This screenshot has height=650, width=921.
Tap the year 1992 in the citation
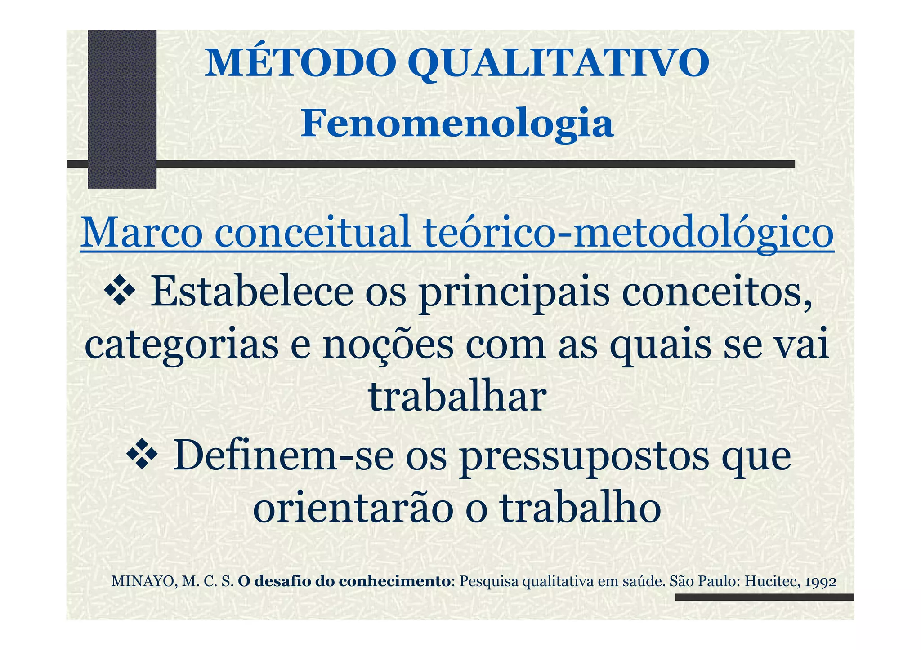(x=821, y=582)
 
